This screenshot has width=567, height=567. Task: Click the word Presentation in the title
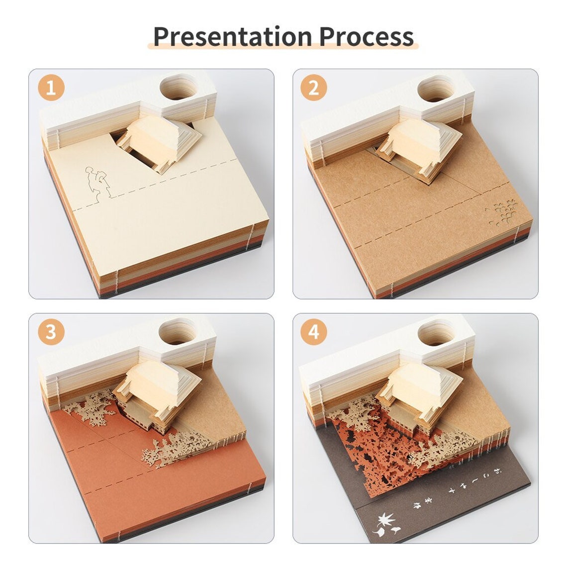click(233, 36)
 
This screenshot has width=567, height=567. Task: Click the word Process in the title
click(366, 36)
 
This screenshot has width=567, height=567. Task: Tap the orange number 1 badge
click(51, 89)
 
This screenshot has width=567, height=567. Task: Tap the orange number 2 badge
click(314, 89)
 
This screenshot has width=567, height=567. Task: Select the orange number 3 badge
click(51, 332)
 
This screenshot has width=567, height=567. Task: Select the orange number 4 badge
click(314, 332)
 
